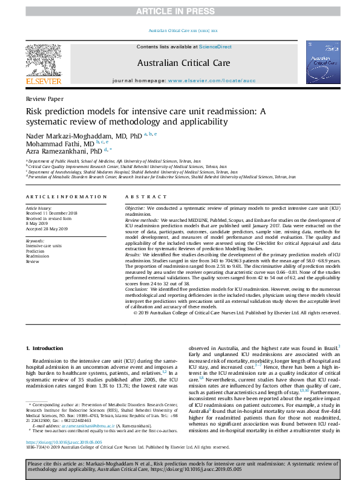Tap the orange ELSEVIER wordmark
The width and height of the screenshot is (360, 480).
[43, 80]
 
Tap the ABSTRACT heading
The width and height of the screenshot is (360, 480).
[143, 196]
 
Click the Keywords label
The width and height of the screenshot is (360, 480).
[35, 241]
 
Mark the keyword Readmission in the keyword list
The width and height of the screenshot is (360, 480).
[38, 256]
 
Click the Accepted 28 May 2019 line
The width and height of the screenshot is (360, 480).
[49, 229]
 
